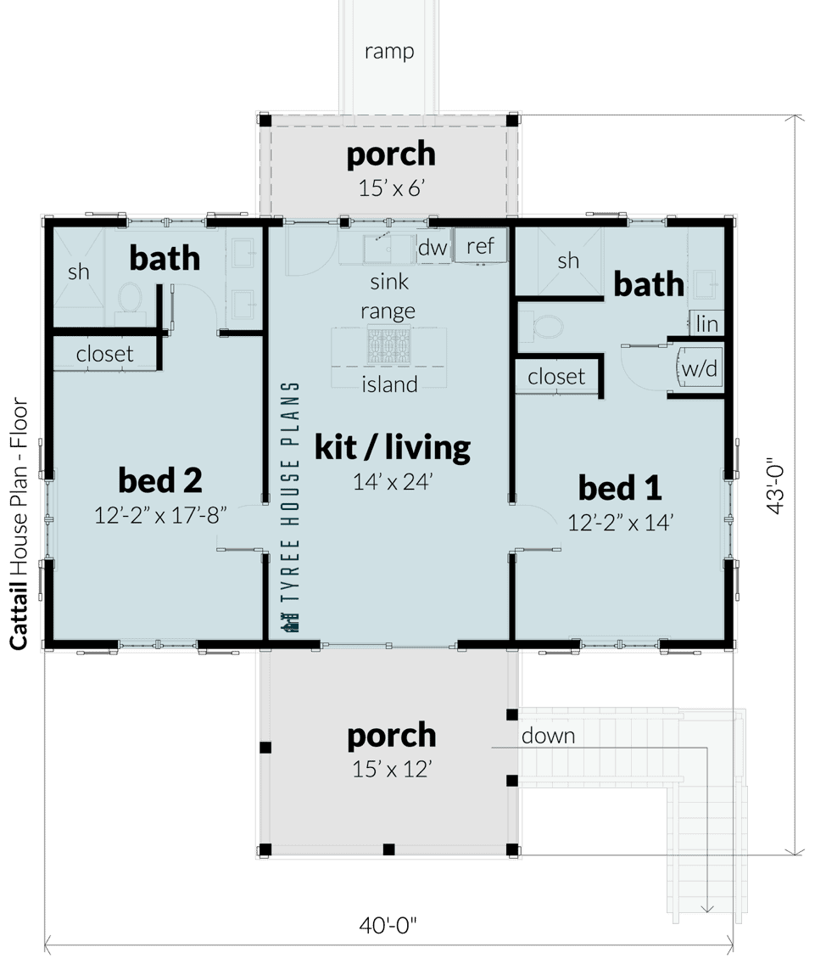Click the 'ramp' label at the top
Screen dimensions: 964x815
389,52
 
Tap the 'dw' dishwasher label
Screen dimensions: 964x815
433,248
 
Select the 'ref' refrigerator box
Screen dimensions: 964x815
480,246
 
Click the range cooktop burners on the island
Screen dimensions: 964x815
388,346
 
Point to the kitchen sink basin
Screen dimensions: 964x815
387,249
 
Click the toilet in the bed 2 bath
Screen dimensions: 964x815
130,300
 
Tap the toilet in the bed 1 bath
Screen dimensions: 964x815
548,326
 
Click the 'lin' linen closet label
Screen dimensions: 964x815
706,324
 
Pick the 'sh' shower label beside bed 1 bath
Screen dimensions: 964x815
568,261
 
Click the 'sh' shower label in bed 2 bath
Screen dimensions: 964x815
78,272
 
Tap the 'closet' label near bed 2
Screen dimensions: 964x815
105,354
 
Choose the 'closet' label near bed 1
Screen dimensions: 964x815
556,376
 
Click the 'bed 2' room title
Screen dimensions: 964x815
159,480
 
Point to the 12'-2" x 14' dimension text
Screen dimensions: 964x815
620,523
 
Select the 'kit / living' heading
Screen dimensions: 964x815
392,446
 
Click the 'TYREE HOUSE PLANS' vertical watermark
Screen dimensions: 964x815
291,507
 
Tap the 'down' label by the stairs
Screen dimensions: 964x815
548,736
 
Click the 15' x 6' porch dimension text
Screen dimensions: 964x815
391,188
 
